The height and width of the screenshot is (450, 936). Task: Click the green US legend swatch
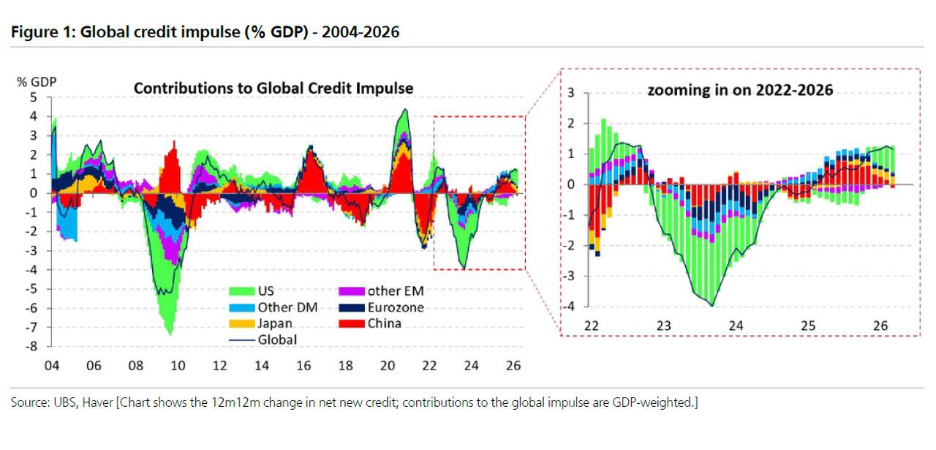pyautogui.click(x=241, y=291)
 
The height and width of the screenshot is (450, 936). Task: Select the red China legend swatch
pyautogui.click(x=352, y=323)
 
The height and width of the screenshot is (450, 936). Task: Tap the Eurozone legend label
pyautogui.click(x=396, y=307)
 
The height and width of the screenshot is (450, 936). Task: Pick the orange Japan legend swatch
pyautogui.click(x=241, y=323)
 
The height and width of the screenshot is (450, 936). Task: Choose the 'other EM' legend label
pyautogui.click(x=396, y=291)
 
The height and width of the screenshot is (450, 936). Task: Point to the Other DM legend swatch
pyautogui.click(x=241, y=308)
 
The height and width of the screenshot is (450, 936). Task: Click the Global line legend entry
pyautogui.click(x=263, y=340)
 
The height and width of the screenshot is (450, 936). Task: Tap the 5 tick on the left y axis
pyautogui.click(x=34, y=97)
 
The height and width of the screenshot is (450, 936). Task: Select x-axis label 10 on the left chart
pyautogui.click(x=178, y=366)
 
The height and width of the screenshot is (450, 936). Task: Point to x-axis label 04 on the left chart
pyautogui.click(x=52, y=366)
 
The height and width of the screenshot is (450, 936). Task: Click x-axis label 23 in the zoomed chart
pyautogui.click(x=663, y=326)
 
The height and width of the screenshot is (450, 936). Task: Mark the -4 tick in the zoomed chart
pyautogui.click(x=569, y=306)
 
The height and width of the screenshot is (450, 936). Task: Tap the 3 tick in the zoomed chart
pyautogui.click(x=571, y=92)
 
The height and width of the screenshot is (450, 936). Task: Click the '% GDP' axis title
pyautogui.click(x=37, y=82)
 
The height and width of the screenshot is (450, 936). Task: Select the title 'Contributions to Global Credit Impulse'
pyautogui.click(x=273, y=89)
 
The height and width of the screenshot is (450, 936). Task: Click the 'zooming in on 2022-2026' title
pyautogui.click(x=740, y=90)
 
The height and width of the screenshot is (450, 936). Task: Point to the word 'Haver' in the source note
pyautogui.click(x=97, y=402)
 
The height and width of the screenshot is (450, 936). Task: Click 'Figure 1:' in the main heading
pyautogui.click(x=42, y=31)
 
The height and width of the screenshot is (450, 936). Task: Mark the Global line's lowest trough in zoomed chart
pyautogui.click(x=712, y=306)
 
